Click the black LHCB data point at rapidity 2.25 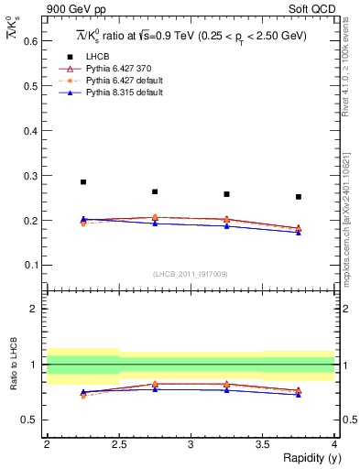(x=83, y=182)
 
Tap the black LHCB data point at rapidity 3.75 (x=299, y=197)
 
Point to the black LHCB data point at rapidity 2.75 (x=155, y=191)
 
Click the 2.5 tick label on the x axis (x=119, y=444)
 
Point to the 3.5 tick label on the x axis (x=263, y=444)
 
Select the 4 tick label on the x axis (x=334, y=444)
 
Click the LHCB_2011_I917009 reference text (x=191, y=274)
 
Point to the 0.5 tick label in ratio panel (x=29, y=420)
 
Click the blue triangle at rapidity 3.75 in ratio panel (x=299, y=394)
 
